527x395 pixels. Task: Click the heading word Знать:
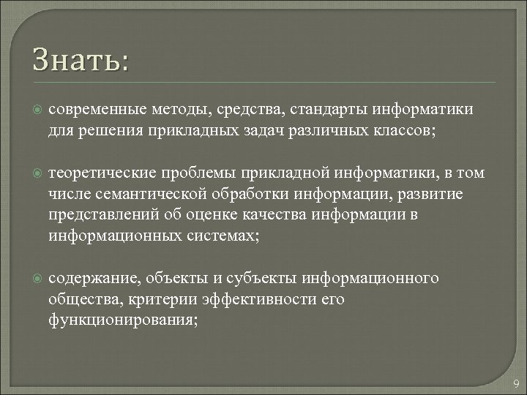[x=80, y=59]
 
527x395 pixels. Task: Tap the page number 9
[x=516, y=384]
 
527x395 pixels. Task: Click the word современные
[x=94, y=110]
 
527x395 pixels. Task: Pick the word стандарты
[x=329, y=110]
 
